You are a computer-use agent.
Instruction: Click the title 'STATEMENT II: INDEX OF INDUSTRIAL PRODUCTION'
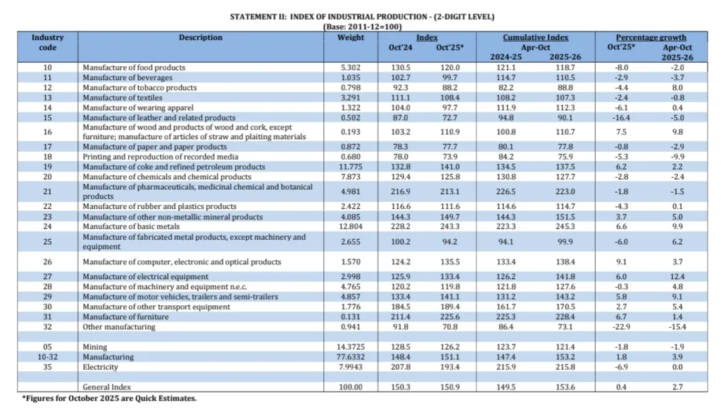(360, 16)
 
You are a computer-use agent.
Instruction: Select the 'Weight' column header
(351, 37)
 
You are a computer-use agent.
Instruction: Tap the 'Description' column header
(200, 37)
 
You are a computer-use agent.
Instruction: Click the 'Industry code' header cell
(47, 42)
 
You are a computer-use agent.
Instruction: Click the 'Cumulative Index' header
(535, 37)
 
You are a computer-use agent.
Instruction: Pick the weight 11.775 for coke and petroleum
(350, 167)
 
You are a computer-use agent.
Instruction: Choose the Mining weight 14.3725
(350, 347)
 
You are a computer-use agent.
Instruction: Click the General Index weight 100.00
(350, 387)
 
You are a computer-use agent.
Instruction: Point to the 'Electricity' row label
(100, 367)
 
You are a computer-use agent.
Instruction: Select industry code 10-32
(47, 357)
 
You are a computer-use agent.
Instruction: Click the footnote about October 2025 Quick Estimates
(109, 398)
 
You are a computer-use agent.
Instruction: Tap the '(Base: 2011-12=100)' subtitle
(360, 27)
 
